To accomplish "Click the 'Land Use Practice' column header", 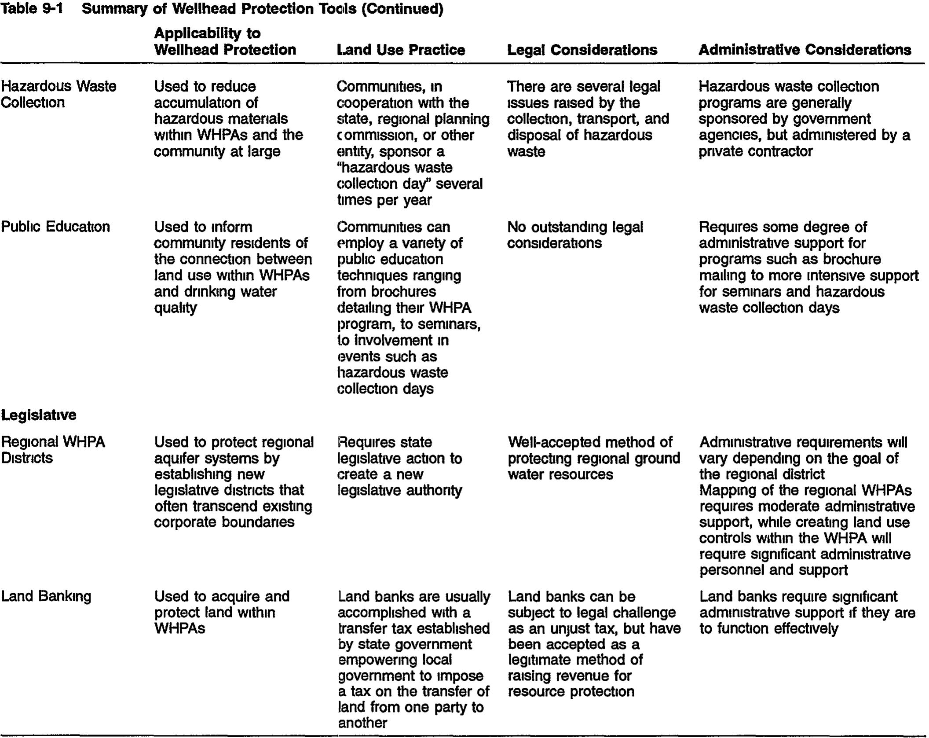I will [401, 50].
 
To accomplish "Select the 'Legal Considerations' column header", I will [582, 50].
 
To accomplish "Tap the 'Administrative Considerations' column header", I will [805, 50].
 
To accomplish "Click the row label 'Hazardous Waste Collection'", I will [59, 94].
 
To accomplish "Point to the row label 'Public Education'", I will [55, 227].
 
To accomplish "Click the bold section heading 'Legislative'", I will [39, 415].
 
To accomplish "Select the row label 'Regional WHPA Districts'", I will [53, 449].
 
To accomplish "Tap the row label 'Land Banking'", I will [46, 596].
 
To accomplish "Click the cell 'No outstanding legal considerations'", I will [574, 235].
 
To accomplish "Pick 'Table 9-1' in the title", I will [32, 8].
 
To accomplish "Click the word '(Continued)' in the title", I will [402, 8].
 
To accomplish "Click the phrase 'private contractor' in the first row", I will [755, 151].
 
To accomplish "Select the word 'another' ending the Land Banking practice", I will [362, 723].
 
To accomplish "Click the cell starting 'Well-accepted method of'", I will [593, 458].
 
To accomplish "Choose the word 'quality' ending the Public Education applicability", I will [175, 308].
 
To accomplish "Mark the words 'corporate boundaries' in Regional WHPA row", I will [224, 522].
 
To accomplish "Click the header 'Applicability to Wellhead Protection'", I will [225, 41].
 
